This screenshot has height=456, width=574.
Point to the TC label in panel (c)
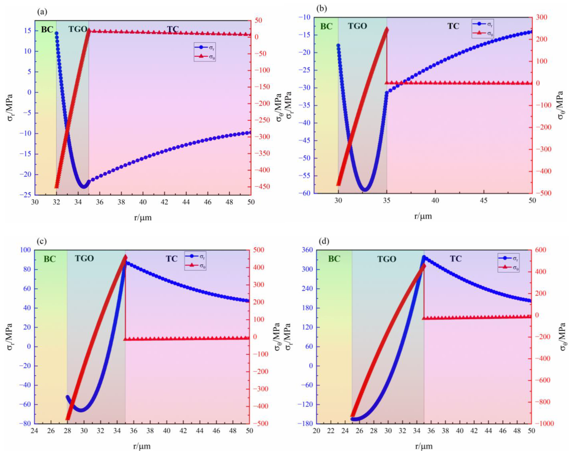coord(172,259)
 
